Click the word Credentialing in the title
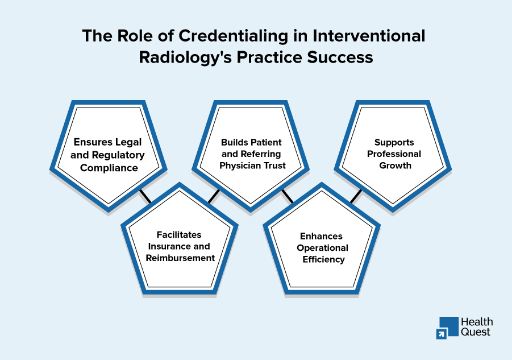pyautogui.click(x=233, y=36)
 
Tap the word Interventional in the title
pyautogui.click(x=369, y=36)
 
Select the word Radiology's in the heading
pyautogui.click(x=185, y=57)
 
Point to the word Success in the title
pyautogui.click(x=340, y=57)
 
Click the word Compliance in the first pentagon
pyautogui.click(x=109, y=168)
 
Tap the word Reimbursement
pyautogui.click(x=180, y=258)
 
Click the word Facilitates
pyautogui.click(x=179, y=234)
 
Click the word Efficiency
pyautogui.click(x=323, y=259)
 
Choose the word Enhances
pyautogui.click(x=321, y=236)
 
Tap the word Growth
pyautogui.click(x=395, y=165)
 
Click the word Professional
pyautogui.click(x=394, y=154)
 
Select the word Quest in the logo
pyautogui.click(x=476, y=332)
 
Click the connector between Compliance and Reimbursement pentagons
pyautogui.click(x=145, y=196)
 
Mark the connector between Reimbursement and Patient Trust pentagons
pyautogui.click(x=214, y=197)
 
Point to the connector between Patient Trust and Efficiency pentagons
pyautogui.click(x=288, y=196)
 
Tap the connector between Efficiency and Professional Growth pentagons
pyautogui.click(x=356, y=196)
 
